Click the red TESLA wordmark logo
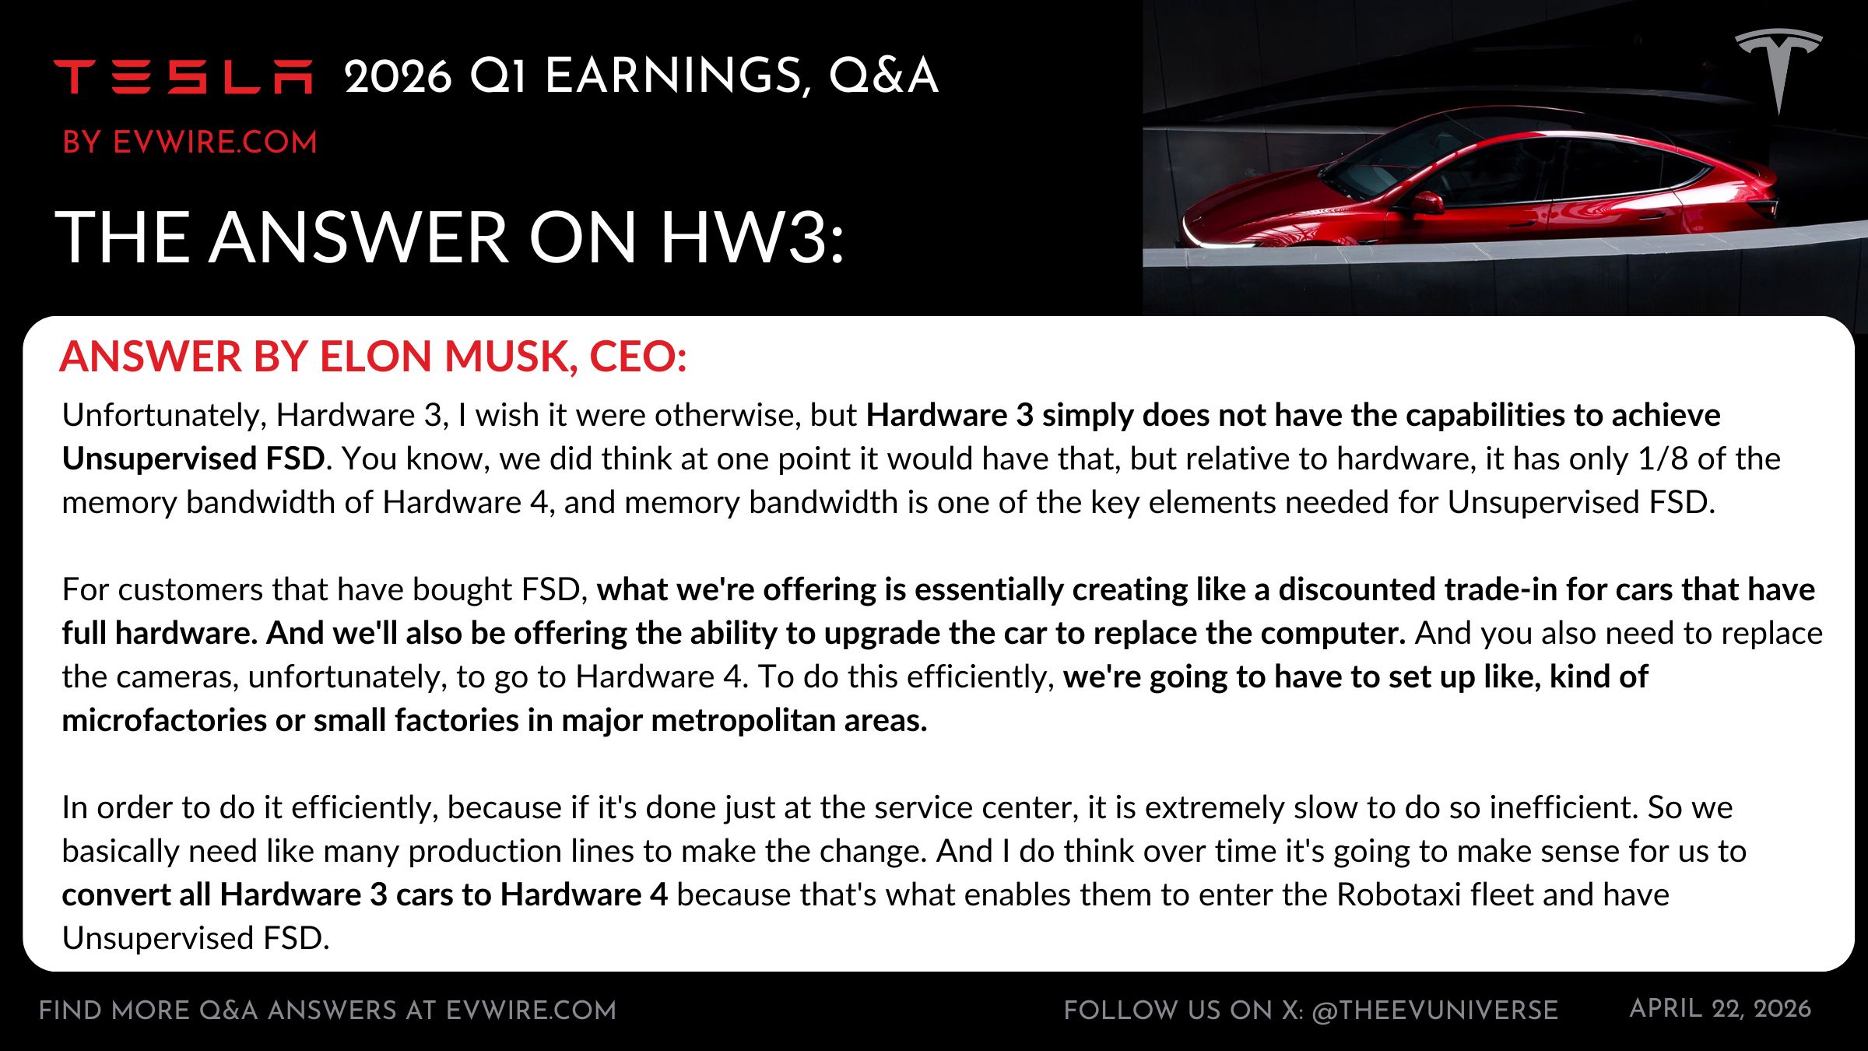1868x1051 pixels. click(x=183, y=76)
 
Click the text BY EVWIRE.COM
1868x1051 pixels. click(x=190, y=142)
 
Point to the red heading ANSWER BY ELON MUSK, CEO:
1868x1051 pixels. click(x=373, y=357)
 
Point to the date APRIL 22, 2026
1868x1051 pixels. click(x=1720, y=1009)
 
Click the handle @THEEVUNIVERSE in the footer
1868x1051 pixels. click(x=1434, y=1011)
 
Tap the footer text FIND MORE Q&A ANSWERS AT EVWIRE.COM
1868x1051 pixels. click(x=328, y=1011)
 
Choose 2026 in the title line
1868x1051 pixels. click(x=398, y=76)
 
